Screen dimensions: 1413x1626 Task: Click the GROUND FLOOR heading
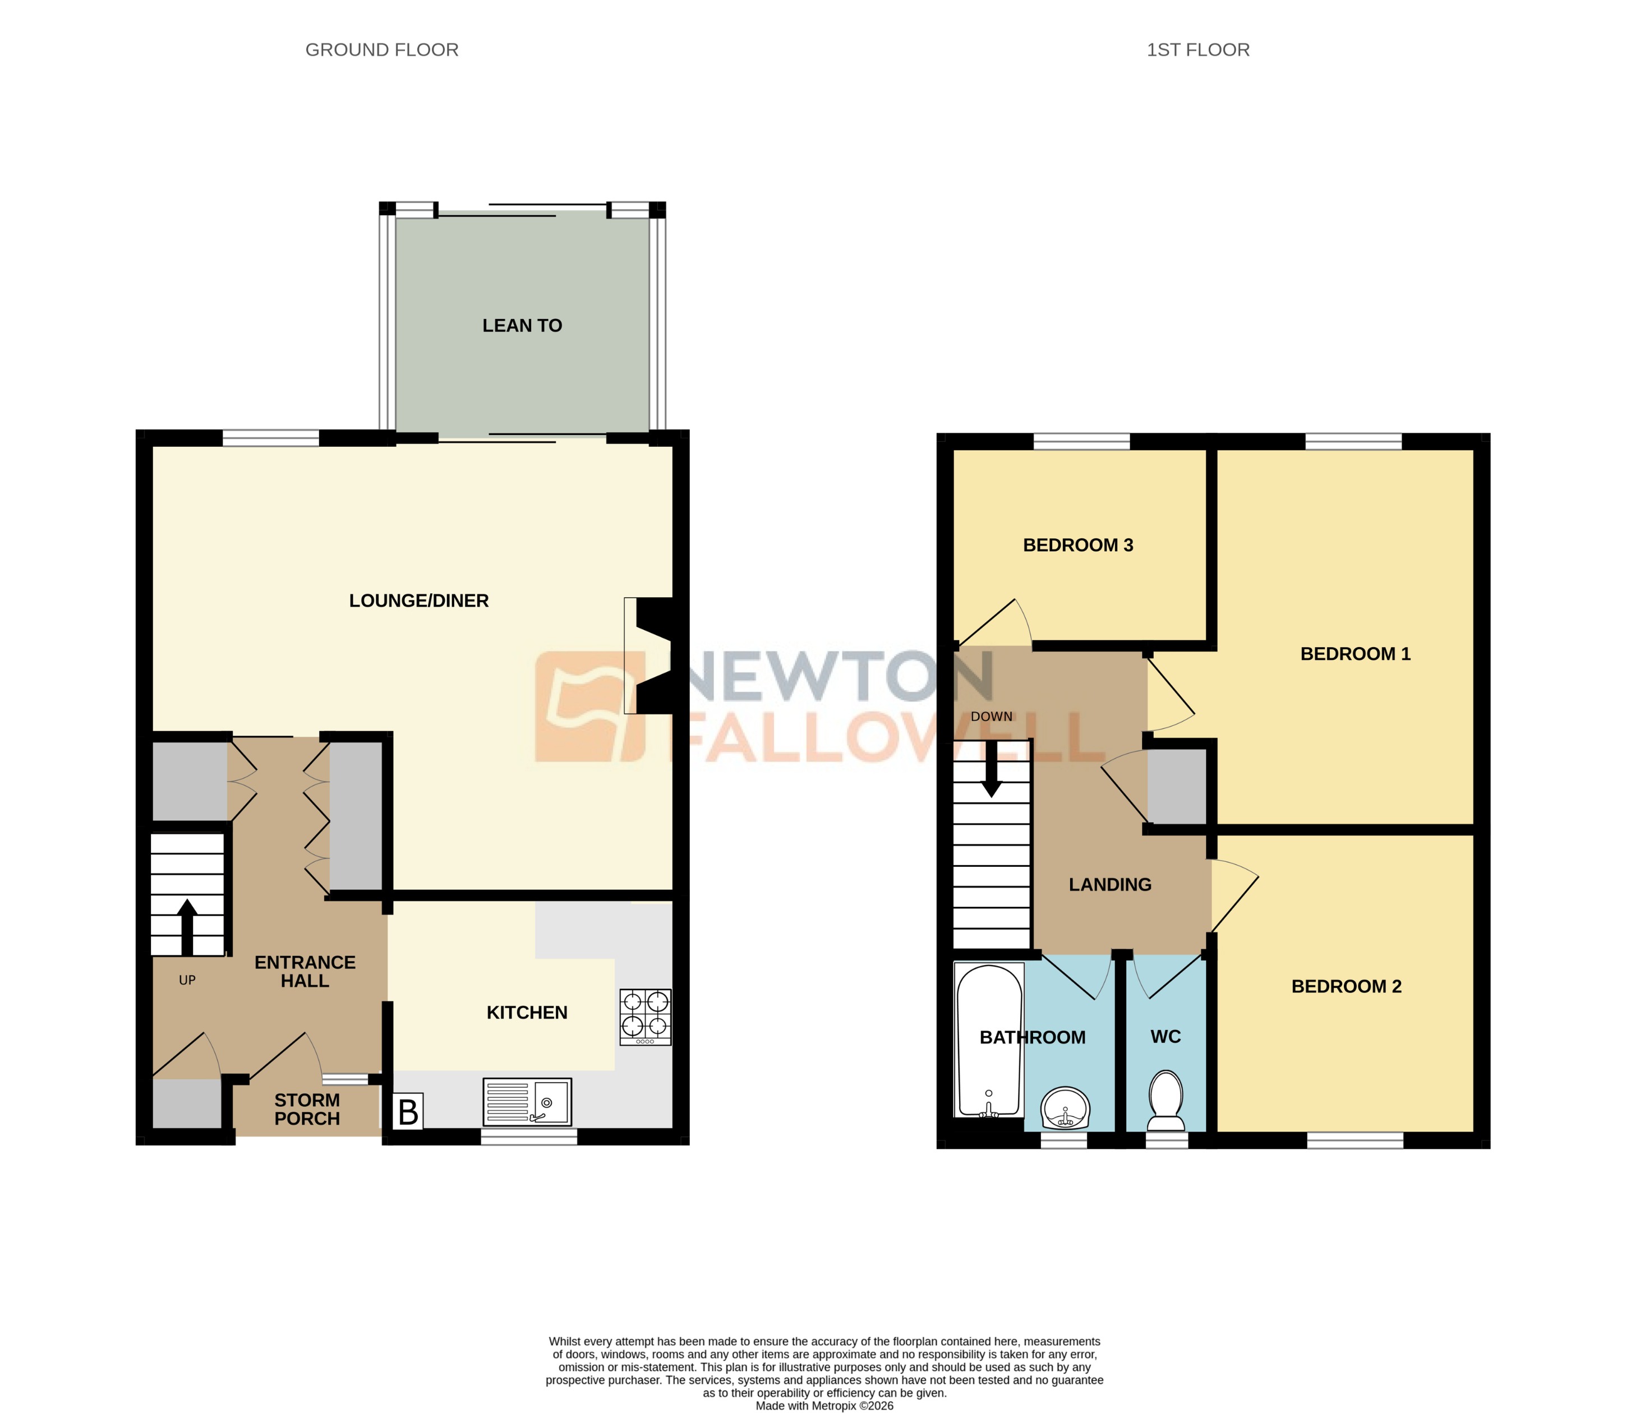pos(381,50)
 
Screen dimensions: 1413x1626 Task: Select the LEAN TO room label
pos(522,326)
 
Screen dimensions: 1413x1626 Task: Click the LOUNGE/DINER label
pos(419,601)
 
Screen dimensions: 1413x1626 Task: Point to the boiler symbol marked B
pos(408,1112)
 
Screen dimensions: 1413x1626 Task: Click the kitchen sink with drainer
pos(527,1102)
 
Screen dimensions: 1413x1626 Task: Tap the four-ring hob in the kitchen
pos(645,1017)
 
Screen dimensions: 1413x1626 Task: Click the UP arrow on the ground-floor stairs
pos(187,926)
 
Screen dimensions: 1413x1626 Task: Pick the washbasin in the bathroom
pos(1065,1109)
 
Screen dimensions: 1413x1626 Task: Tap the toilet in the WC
pos(1166,1101)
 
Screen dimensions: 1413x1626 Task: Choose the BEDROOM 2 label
pos(1346,986)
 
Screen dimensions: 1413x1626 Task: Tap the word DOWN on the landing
pos(991,717)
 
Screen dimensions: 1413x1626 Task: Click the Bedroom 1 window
pos(1353,442)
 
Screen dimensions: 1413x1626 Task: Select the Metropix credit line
pos(824,1406)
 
